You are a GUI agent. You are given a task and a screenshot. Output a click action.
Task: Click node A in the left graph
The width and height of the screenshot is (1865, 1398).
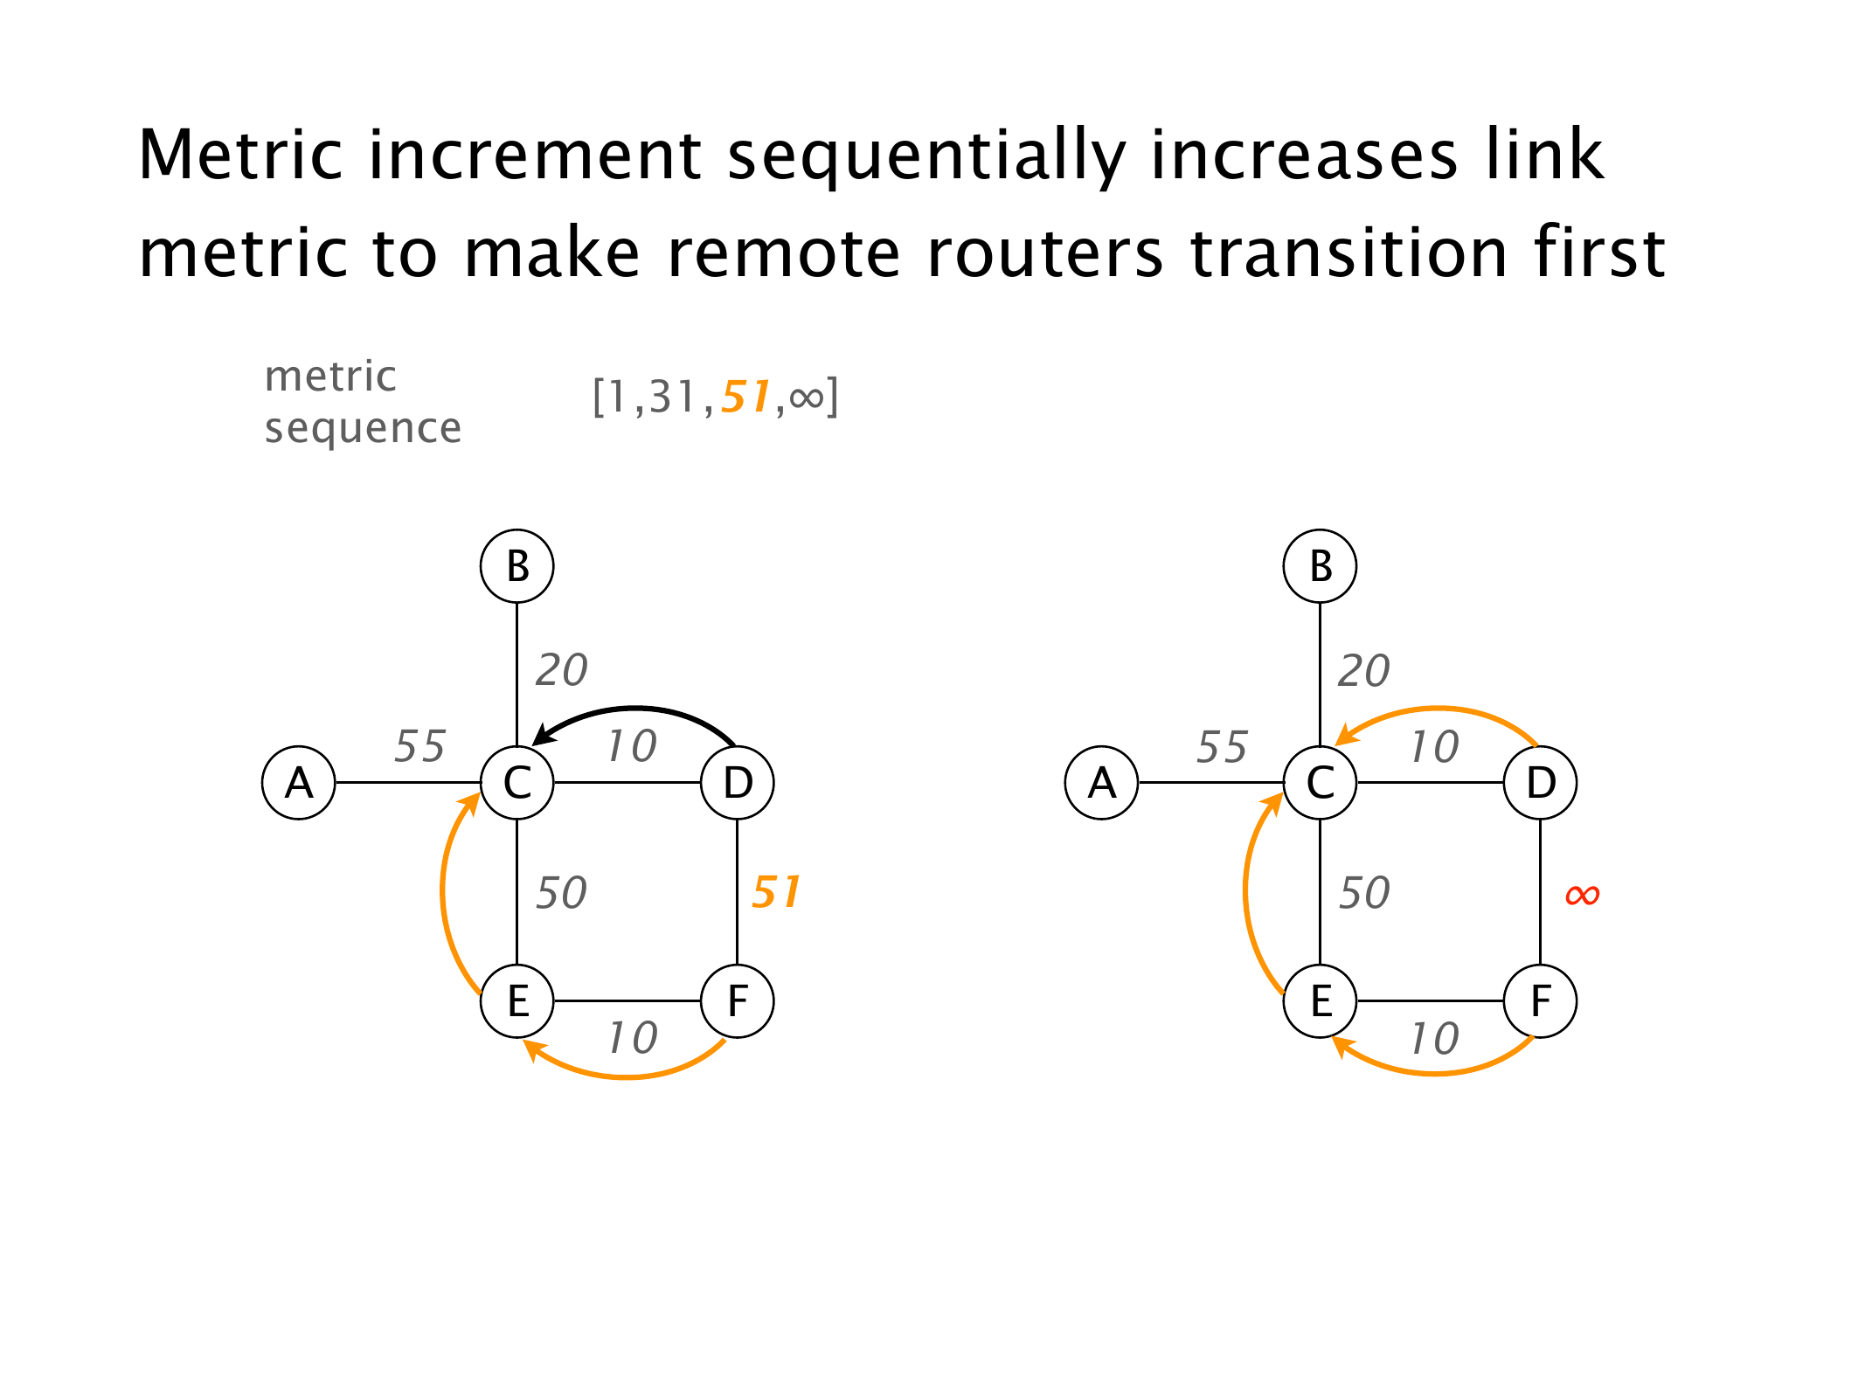tap(299, 783)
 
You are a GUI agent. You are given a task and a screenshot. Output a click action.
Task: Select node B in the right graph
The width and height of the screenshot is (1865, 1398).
tap(1320, 566)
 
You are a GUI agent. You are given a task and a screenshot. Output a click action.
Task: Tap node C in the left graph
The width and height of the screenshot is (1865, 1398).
tap(517, 783)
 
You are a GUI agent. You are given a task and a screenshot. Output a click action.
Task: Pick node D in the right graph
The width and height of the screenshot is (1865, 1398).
tap(1540, 783)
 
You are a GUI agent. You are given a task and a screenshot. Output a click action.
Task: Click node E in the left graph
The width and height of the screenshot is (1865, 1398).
tap(517, 1001)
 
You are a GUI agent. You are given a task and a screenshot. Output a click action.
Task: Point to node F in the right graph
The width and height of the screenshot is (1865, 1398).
tap(1540, 1001)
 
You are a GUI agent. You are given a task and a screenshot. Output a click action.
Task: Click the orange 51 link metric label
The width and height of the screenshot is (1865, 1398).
tap(776, 892)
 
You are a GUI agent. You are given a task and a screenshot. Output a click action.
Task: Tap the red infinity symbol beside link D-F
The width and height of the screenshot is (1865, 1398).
tap(1582, 895)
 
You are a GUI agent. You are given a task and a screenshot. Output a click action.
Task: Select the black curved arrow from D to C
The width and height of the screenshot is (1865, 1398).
tap(638, 709)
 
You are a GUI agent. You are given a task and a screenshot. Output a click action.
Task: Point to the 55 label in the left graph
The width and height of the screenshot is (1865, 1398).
tap(419, 746)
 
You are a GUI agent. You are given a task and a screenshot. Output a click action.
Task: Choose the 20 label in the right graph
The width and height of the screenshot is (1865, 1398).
tap(1363, 671)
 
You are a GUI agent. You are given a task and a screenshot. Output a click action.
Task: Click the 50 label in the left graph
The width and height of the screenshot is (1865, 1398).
tap(561, 893)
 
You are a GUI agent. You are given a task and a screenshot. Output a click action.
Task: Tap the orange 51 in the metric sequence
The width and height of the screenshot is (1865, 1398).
tap(745, 397)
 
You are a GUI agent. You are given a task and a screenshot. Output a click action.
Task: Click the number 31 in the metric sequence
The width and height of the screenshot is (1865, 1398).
tap(673, 398)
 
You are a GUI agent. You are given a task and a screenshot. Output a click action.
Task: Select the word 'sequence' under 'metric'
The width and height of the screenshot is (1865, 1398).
tap(363, 428)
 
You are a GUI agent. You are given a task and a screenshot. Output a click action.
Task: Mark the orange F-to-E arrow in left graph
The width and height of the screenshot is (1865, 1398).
tap(626, 1076)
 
